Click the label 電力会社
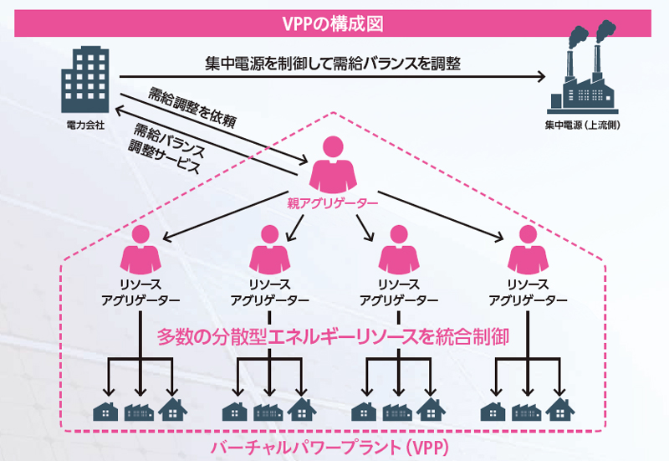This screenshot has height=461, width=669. [x=85, y=126]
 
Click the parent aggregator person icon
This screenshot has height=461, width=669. [x=333, y=163]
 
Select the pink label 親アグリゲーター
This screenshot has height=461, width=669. [x=333, y=202]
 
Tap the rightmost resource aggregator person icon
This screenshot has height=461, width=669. [x=527, y=248]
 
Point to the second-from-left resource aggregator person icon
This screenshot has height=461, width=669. [x=268, y=248]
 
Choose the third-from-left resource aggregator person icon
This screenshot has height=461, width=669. [x=397, y=248]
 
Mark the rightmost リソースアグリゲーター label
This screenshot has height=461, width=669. [x=527, y=292]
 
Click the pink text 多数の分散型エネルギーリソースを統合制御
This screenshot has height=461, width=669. [x=334, y=336]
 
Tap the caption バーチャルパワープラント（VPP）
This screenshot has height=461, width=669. [x=334, y=445]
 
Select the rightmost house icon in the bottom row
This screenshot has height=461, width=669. [x=559, y=410]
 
